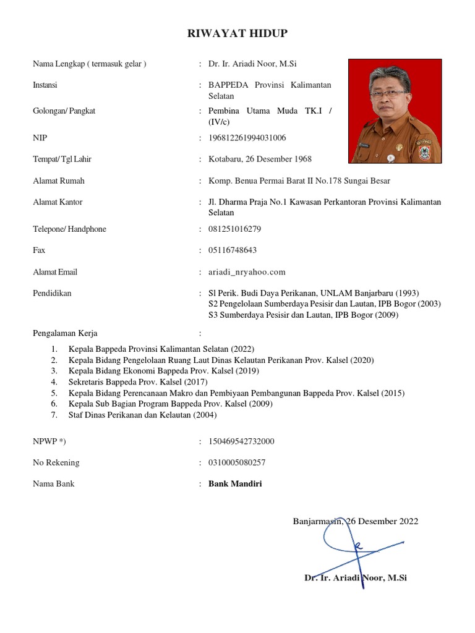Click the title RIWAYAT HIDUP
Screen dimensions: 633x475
[x=237, y=33]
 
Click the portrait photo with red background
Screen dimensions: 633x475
[x=395, y=111]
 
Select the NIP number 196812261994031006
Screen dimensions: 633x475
[x=247, y=137]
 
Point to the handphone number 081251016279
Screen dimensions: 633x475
[x=235, y=229]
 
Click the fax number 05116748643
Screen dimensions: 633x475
[x=233, y=250]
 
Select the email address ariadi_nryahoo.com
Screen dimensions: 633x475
[x=247, y=272]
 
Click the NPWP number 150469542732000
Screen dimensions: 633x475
[x=241, y=441]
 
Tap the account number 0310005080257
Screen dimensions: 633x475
[x=237, y=462]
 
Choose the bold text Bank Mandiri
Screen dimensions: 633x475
[x=235, y=483]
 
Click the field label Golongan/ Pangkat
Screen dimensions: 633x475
[x=64, y=111]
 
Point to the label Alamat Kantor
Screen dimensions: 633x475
[x=58, y=202]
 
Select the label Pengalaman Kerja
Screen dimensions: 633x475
[x=65, y=333]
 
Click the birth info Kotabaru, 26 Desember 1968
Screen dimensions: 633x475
[x=260, y=159]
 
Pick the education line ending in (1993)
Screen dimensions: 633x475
[x=314, y=293]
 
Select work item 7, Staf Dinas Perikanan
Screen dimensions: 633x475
[x=142, y=415]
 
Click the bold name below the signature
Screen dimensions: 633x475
[x=356, y=578]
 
